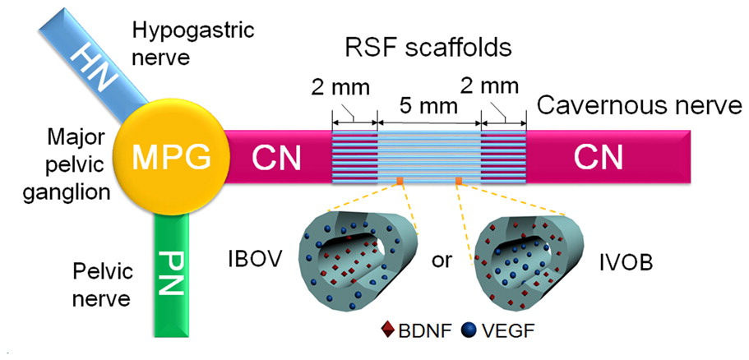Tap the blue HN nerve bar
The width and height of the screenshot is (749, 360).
coord(90,62)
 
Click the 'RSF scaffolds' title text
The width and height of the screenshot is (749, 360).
coord(428,48)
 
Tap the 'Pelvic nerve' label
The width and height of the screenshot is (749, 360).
coord(101,284)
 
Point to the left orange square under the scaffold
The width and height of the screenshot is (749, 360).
coord(399,180)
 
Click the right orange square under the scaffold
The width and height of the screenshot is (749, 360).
coord(460,180)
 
